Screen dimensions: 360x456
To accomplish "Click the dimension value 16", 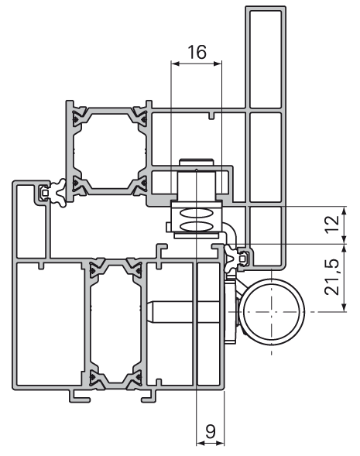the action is pos(197,52).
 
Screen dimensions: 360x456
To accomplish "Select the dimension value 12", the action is pos(332,224).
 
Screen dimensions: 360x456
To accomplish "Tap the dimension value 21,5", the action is pos(332,277).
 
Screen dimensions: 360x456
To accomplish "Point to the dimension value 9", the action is pos(211,431).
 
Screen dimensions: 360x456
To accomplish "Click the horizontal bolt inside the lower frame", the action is pos(183,312).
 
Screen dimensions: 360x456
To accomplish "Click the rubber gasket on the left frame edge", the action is pos(57,193).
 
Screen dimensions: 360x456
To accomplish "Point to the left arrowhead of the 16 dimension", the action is pos(175,63).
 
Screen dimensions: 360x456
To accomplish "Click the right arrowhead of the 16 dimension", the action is pos(218,63).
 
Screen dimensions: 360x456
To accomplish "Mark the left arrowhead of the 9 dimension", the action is pos(201,443).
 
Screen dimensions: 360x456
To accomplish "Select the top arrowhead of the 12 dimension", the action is pos(345,211).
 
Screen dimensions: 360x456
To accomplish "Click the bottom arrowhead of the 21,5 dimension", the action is pos(345,307).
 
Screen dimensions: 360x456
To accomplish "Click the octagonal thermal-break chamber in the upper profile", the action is pos(110,151).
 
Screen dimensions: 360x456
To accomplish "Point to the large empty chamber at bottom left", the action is pos(49,324).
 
